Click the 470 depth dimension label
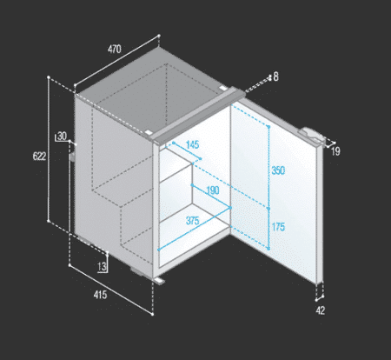tap(115, 49)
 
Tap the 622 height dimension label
tap(39, 157)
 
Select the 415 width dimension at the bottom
tap(100, 295)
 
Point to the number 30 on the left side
tap(62, 136)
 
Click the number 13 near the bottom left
tap(102, 266)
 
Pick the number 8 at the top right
tap(275, 77)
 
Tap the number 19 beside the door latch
tap(335, 151)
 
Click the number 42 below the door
tap(321, 310)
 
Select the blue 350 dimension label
tap(278, 170)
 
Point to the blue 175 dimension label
tap(278, 227)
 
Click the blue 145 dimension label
tap(192, 144)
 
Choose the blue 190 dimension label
tap(213, 190)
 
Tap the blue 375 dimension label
tap(193, 221)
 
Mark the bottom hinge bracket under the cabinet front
tap(159, 281)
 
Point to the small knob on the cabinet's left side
tap(72, 156)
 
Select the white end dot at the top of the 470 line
tap(159, 36)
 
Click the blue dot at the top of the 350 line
tap(268, 127)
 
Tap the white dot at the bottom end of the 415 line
tap(153, 314)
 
